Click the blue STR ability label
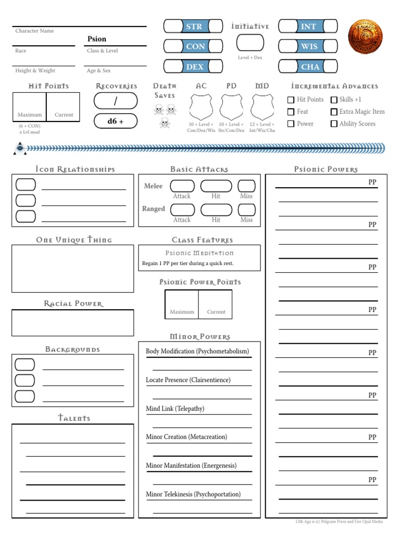tap(194, 27)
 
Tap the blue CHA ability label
tap(309, 67)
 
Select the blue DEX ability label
tap(194, 67)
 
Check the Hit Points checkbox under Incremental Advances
tap(291, 100)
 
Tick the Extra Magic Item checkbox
tap(334, 112)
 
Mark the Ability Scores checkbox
tap(334, 124)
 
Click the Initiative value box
tap(250, 43)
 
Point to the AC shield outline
tap(201, 107)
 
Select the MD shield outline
tap(262, 107)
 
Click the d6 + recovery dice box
tap(116, 121)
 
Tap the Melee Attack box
tap(182, 186)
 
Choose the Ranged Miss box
tap(246, 210)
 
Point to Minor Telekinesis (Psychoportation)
tap(193, 494)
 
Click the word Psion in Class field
tap(97, 39)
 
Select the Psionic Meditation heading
tap(199, 253)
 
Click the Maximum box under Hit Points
tap(29, 106)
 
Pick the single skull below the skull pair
tap(165, 123)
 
